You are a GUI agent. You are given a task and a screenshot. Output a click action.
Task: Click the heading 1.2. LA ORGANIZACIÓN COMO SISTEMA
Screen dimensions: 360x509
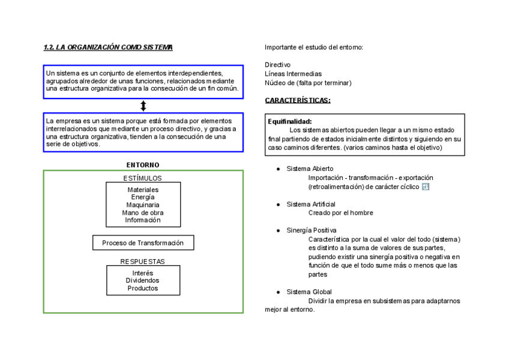coord(108,47)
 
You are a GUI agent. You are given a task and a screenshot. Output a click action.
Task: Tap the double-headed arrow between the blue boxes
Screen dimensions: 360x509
coord(143,106)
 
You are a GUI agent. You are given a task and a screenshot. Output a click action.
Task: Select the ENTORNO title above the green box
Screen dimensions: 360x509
coord(143,164)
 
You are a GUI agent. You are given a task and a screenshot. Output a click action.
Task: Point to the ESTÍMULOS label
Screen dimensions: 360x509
coord(142,178)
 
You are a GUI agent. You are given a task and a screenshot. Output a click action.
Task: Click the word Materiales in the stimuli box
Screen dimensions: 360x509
coord(143,190)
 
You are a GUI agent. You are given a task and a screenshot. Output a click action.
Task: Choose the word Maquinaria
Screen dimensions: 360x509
coord(143,205)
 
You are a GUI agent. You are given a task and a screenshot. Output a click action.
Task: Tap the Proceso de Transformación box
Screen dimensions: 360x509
coord(143,243)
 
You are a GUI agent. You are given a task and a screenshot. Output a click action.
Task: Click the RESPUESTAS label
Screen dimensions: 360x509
coord(142,262)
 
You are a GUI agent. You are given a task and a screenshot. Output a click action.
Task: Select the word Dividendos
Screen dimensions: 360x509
coord(143,280)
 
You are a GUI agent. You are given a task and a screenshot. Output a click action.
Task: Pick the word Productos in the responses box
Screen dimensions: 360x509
coord(143,288)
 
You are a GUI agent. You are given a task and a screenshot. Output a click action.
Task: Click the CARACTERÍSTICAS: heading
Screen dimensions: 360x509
coord(298,100)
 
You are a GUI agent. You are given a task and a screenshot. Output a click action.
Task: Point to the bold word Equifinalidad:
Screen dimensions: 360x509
coord(290,122)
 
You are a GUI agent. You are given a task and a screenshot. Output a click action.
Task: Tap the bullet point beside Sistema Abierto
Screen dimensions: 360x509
coord(279,169)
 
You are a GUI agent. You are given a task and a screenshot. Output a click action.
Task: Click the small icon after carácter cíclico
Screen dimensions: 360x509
coord(426,187)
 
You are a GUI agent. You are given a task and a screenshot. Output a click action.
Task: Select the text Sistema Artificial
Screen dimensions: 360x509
coord(310,204)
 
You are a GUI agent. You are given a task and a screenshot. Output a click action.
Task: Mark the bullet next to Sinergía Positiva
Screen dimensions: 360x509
coord(279,230)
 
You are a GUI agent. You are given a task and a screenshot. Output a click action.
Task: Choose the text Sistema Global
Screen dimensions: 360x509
coord(309,292)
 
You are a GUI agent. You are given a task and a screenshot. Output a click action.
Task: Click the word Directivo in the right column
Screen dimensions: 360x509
coord(277,65)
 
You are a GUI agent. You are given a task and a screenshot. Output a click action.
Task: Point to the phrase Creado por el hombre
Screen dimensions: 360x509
coord(340,212)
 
